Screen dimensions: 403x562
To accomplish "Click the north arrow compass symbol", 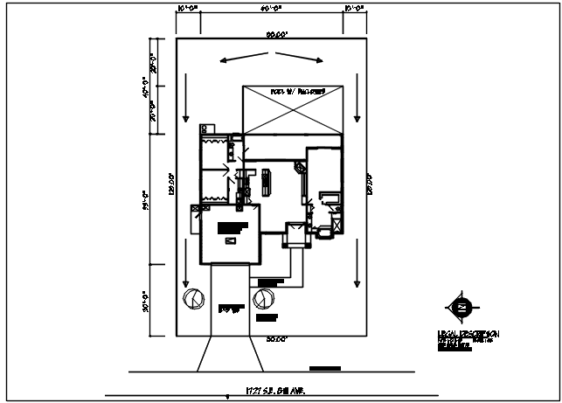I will [x=461, y=306].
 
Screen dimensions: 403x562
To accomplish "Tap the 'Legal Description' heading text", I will [x=468, y=333].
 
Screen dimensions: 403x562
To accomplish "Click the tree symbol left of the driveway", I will [x=191, y=298].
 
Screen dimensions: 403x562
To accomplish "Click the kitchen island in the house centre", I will [x=267, y=180].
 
